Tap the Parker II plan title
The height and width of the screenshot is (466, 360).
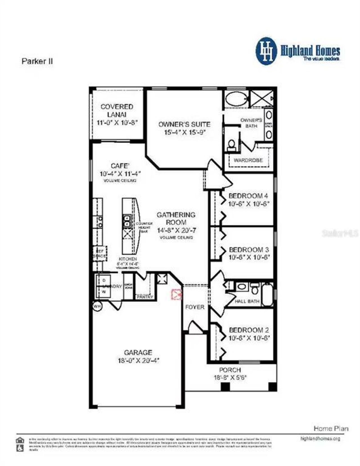(37, 61)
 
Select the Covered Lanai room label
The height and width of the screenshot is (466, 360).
(117, 110)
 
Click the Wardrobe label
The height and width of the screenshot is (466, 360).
(248, 160)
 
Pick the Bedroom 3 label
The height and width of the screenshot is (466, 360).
(249, 250)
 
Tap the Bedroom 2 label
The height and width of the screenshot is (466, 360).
(249, 330)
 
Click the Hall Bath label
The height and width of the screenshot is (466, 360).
(247, 301)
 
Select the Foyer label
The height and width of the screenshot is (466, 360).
(195, 307)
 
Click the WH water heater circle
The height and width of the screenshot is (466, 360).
(97, 306)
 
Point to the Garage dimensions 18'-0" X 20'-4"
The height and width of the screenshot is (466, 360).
(138, 361)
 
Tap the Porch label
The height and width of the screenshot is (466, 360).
(230, 370)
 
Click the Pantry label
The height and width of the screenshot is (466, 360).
(145, 297)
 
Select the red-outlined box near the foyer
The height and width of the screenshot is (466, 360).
(177, 294)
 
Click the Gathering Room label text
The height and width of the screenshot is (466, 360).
(176, 218)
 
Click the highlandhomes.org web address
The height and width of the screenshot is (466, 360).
(320, 438)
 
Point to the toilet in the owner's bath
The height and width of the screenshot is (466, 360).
(231, 144)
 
